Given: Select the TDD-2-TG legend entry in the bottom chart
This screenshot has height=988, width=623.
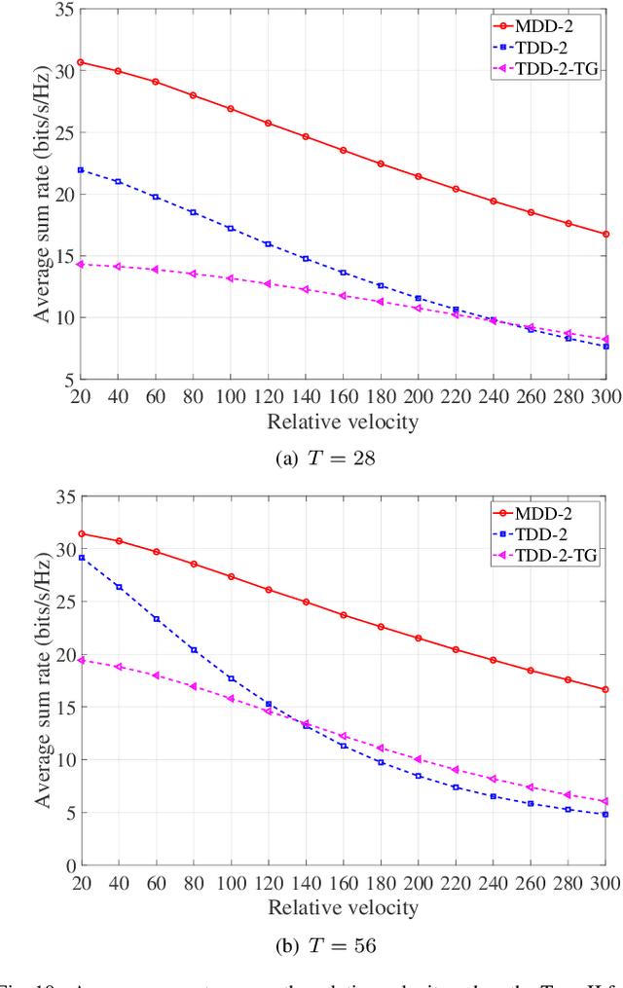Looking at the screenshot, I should point(556,555).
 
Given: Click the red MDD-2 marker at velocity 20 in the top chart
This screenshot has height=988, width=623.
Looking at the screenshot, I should point(81,62).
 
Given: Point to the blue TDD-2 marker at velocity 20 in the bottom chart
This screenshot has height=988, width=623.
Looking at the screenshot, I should point(81,558).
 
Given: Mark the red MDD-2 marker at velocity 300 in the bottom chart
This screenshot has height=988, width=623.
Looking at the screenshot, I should point(605,689).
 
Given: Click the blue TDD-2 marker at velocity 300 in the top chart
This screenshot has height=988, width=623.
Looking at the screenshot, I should point(605,347).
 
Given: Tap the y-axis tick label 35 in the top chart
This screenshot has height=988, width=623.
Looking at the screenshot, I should point(64,10).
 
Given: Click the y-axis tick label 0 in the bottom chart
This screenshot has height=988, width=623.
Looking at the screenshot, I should point(68,865).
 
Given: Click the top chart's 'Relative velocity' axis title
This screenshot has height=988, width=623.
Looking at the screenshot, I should point(343,421).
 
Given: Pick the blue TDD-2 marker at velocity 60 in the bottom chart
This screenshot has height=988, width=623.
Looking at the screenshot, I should point(156,618).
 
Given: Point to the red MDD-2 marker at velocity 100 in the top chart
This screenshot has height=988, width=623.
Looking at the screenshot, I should point(231,109).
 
